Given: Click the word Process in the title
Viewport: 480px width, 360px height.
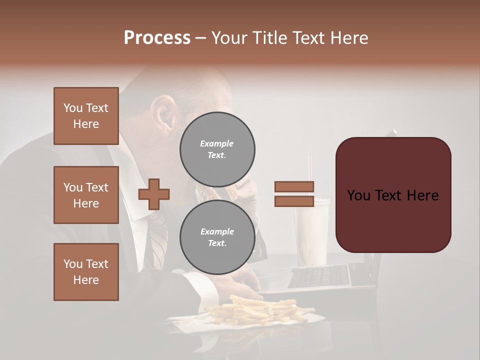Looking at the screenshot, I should [x=157, y=38].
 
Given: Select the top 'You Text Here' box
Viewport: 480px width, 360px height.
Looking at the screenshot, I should [x=86, y=116].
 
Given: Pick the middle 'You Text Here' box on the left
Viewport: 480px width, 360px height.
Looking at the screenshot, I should [x=86, y=195].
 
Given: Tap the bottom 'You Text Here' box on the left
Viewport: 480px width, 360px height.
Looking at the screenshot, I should [x=86, y=272].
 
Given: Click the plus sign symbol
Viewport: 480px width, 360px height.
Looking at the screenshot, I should [x=154, y=194].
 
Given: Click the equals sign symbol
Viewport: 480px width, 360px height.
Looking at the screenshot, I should [x=294, y=194].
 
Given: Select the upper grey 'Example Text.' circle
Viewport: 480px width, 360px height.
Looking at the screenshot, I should [x=217, y=149].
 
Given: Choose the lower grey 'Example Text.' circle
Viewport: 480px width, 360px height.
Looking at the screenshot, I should [x=217, y=237].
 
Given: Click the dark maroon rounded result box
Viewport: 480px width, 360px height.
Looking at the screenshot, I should [x=393, y=195].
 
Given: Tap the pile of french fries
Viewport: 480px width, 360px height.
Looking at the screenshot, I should [x=260, y=309].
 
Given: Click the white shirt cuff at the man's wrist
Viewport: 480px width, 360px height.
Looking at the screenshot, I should [x=192, y=280].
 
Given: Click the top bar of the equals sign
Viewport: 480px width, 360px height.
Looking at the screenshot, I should [x=294, y=187].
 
